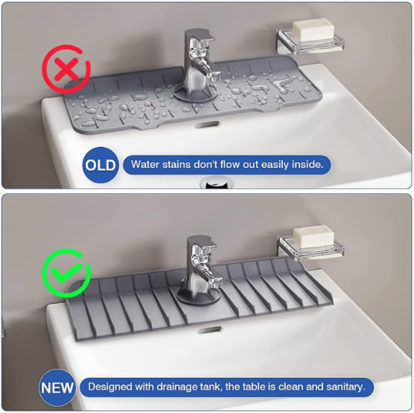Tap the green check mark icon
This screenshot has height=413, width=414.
(66, 273)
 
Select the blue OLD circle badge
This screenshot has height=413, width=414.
(101, 165)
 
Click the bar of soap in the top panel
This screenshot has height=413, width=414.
(313, 29)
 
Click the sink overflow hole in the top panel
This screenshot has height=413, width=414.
(207, 124)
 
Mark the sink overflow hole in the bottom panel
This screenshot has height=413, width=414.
(209, 330)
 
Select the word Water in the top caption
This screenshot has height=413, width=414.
(145, 165)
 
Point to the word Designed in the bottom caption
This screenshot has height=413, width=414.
(110, 387)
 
